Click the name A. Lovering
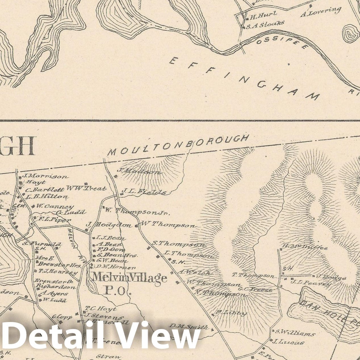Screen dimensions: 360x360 tap(321, 12)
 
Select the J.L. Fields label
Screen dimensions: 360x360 tap(144, 192)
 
